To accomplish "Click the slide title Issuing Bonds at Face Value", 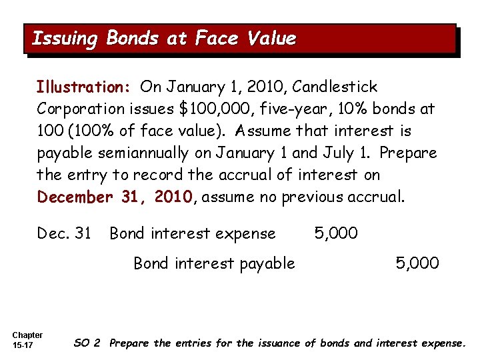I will (164, 39).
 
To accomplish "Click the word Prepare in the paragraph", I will (408, 153).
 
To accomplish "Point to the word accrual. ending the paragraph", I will (375, 197).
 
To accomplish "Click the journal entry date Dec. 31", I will (64, 233).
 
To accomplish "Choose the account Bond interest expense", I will (192, 233).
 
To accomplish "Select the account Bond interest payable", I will (214, 263).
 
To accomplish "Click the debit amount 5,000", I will (336, 233).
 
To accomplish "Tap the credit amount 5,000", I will (417, 263).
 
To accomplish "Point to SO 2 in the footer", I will (87, 343).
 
